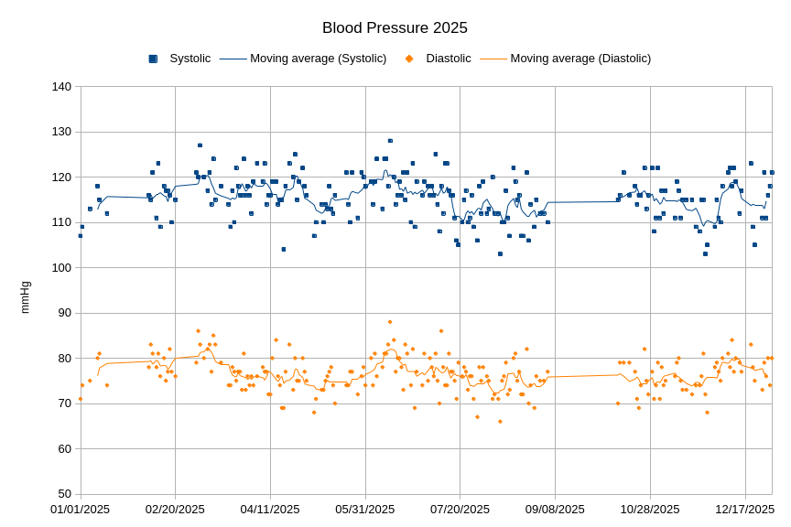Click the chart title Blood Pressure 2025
(395, 28)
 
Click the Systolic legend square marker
(153, 59)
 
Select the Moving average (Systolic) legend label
(318, 59)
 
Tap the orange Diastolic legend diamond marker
(409, 59)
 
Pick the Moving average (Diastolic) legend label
(580, 59)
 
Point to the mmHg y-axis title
(25, 297)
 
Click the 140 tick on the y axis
(61, 87)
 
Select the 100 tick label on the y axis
(61, 267)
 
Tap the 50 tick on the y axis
(64, 494)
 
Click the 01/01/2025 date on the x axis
(80, 510)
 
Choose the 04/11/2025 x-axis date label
(270, 510)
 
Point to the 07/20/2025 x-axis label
(460, 510)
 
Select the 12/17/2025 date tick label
(745, 510)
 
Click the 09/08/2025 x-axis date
(555, 510)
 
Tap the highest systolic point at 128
(390, 141)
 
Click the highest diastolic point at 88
(390, 322)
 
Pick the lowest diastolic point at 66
(500, 422)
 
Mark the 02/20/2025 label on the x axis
(175, 510)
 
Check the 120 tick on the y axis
(61, 177)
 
